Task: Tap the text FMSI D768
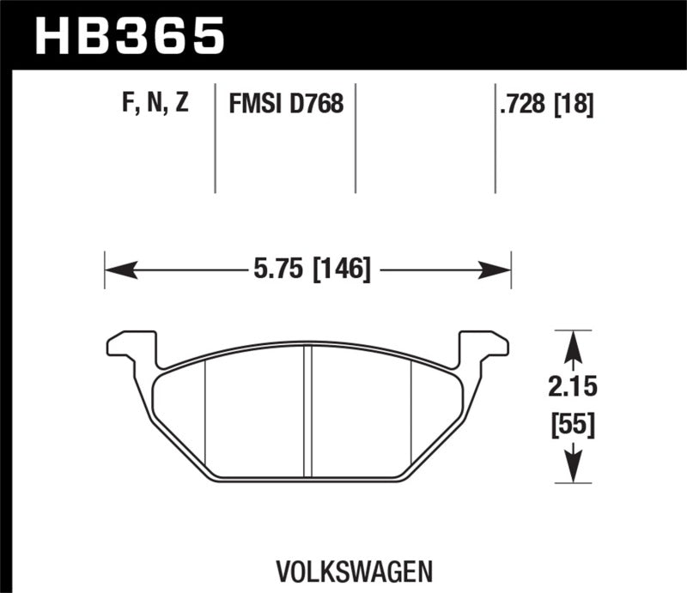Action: pos(286,105)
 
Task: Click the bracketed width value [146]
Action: pos(341,271)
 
